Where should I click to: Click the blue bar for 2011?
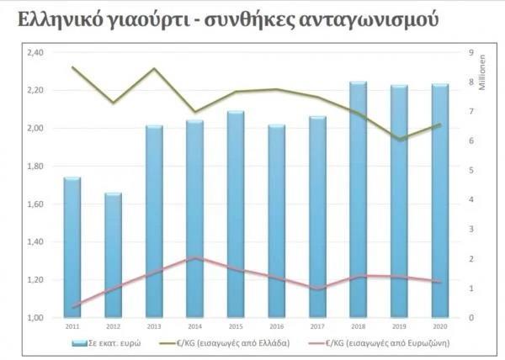click(x=72, y=248)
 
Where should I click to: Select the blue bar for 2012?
click(x=113, y=256)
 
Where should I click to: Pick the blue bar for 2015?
click(x=236, y=214)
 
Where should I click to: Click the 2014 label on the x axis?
click(x=194, y=326)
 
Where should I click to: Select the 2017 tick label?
click(x=317, y=326)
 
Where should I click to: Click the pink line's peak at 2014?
click(x=194, y=257)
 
